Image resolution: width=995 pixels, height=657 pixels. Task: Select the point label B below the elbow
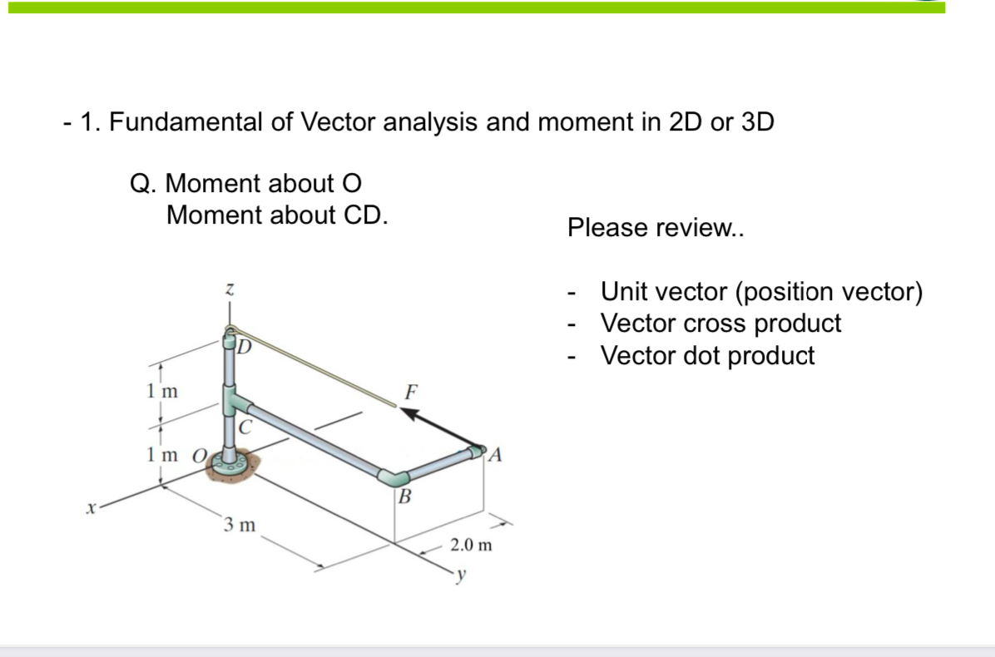point(404,497)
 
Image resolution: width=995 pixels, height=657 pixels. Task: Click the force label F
point(411,391)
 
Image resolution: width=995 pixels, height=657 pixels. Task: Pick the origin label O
point(199,455)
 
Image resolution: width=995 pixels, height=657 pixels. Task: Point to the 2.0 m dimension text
point(471,546)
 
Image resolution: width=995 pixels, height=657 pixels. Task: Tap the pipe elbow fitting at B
point(394,477)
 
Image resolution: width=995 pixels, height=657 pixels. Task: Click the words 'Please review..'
point(656,227)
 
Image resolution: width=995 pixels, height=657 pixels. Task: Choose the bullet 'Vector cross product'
point(720,323)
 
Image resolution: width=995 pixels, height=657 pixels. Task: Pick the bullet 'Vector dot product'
point(707,355)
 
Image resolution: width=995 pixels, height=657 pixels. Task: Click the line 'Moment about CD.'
point(277,215)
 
